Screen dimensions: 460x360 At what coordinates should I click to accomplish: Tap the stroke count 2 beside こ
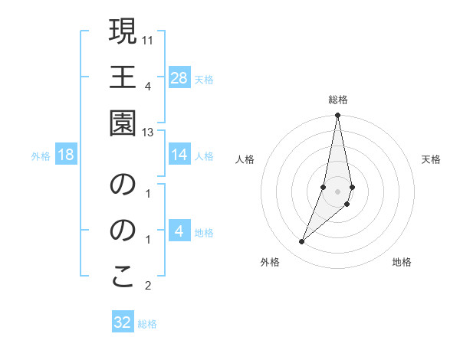pyautogui.click(x=149, y=286)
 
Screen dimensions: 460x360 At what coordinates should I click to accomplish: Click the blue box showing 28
pyautogui.click(x=179, y=77)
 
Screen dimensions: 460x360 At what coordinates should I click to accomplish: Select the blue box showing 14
pyautogui.click(x=179, y=155)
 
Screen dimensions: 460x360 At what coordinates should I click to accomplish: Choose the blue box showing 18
pyautogui.click(x=66, y=155)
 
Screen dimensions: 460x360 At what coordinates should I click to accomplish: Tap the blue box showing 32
pyautogui.click(x=123, y=322)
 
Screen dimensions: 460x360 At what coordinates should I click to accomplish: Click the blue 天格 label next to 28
pyautogui.click(x=204, y=79)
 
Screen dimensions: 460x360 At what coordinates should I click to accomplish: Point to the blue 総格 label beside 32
pyautogui.click(x=147, y=324)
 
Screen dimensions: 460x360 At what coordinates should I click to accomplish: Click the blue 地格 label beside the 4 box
pyautogui.click(x=204, y=233)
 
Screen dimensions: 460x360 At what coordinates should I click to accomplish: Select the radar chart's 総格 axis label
pyautogui.click(x=338, y=100)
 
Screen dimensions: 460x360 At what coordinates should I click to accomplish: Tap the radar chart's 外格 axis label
pyautogui.click(x=270, y=262)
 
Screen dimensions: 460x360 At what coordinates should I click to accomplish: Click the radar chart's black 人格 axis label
pyautogui.click(x=245, y=159)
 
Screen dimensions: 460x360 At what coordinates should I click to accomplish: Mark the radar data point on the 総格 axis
pyautogui.click(x=337, y=116)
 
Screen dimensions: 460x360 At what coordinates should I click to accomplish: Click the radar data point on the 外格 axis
pyautogui.click(x=301, y=241)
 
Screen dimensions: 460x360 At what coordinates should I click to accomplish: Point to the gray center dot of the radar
pyautogui.click(x=337, y=191)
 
